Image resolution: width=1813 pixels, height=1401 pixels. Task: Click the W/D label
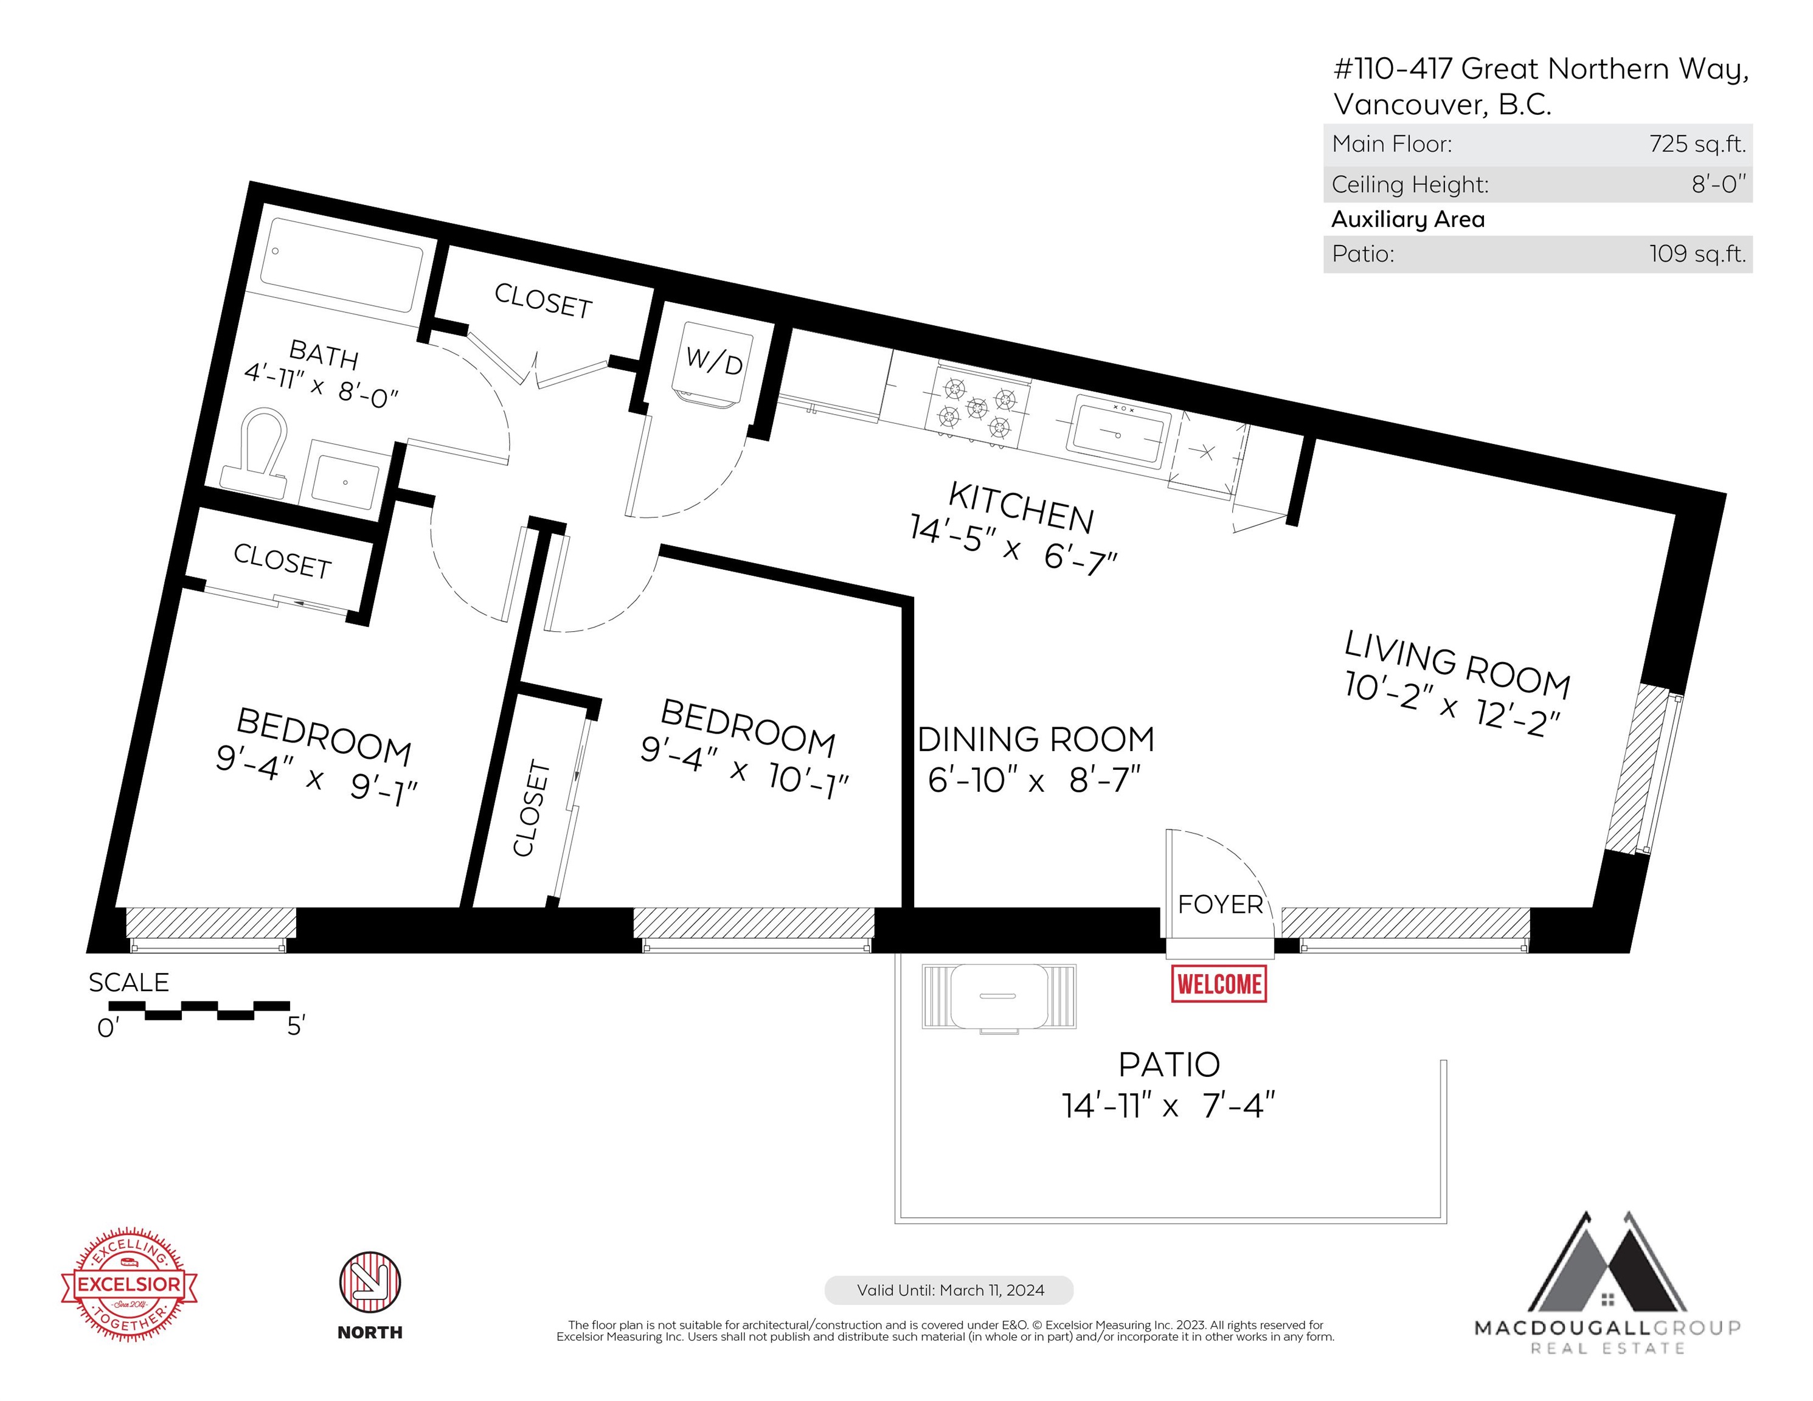714,362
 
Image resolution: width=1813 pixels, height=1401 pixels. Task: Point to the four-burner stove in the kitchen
978,407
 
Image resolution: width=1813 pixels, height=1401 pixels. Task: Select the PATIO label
1169,1064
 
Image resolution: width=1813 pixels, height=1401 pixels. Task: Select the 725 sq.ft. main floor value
1697,144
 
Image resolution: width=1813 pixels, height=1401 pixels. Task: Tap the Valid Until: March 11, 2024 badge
949,1290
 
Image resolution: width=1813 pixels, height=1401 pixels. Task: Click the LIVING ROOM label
1458,665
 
